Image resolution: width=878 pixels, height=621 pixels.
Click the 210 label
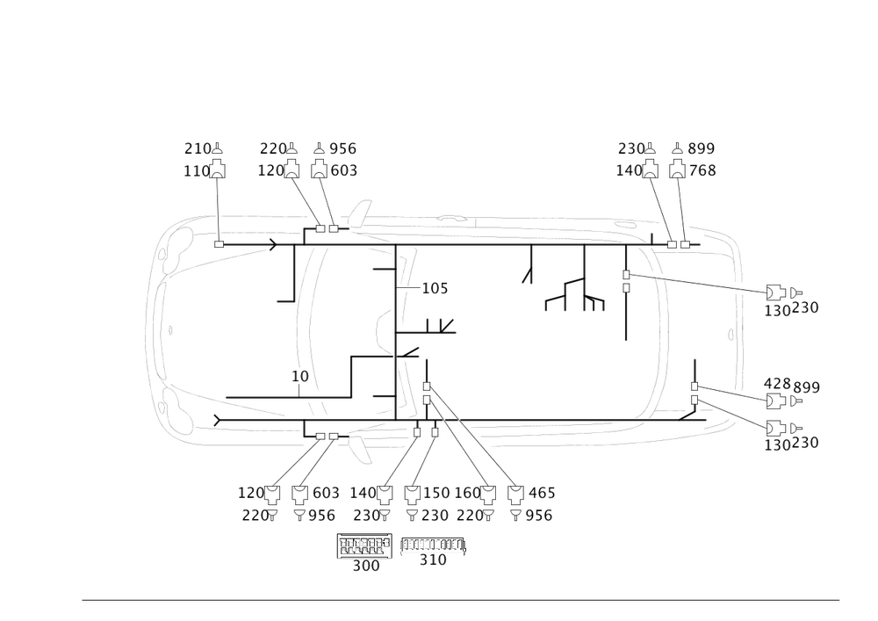(x=194, y=148)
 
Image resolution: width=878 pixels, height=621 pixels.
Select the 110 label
(x=194, y=171)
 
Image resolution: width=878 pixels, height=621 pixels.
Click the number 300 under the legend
(x=365, y=567)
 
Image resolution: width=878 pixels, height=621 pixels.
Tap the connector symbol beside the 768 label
(x=677, y=170)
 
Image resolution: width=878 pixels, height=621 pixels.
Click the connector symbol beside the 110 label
(x=216, y=170)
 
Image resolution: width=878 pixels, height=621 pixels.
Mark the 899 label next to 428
(x=807, y=387)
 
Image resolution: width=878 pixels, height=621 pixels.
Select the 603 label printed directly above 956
(x=327, y=493)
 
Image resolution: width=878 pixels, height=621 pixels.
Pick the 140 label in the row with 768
(x=628, y=171)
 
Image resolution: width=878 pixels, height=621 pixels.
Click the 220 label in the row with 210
(x=272, y=148)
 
